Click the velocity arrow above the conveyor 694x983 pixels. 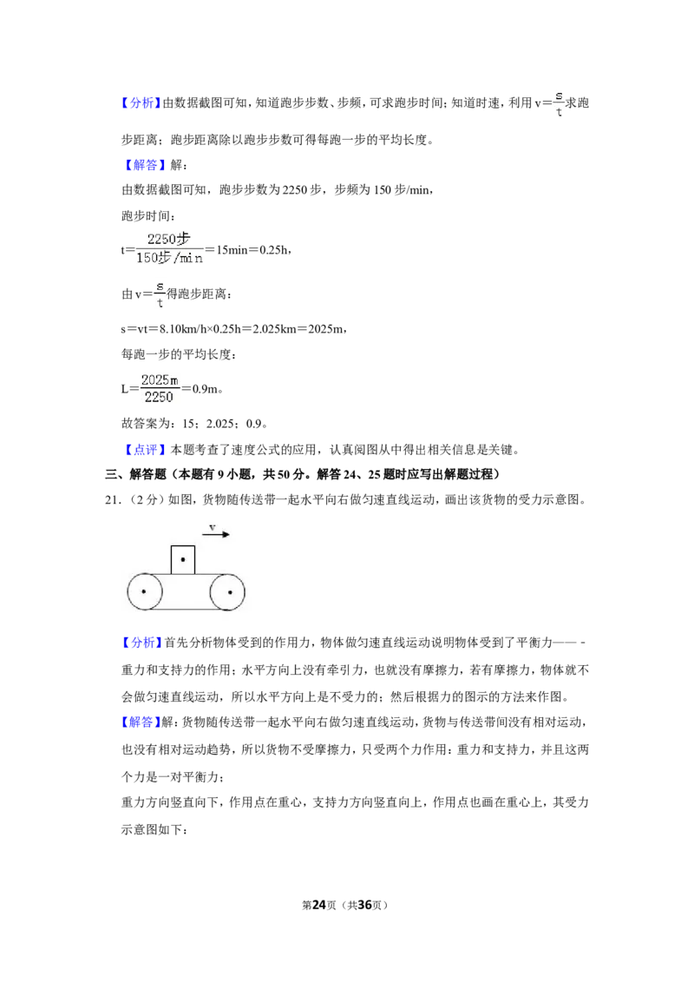click(x=216, y=534)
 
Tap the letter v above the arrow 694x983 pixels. click(x=213, y=526)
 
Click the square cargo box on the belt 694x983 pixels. click(x=183, y=560)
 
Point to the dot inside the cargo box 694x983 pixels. click(x=183, y=560)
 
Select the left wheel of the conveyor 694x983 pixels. click(x=145, y=591)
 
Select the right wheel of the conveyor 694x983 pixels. click(x=227, y=592)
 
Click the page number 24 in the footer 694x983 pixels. click(x=319, y=905)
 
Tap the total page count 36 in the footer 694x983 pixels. click(x=364, y=905)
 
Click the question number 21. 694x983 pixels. click(x=113, y=500)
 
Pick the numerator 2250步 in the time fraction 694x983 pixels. click(x=168, y=238)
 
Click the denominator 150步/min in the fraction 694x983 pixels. click(x=170, y=258)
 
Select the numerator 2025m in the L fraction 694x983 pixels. click(x=160, y=379)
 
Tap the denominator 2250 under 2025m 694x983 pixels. click(x=159, y=397)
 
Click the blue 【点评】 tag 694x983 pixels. click(x=145, y=450)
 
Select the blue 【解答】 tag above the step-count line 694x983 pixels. click(x=145, y=165)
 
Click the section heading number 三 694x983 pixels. click(x=111, y=475)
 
